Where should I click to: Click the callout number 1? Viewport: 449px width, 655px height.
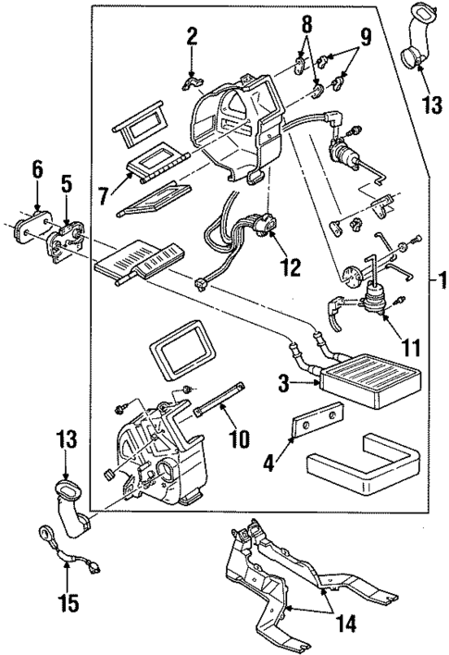(x=439, y=278)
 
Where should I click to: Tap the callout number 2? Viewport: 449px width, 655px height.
(x=191, y=37)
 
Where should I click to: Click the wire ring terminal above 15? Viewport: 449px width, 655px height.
(x=45, y=532)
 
